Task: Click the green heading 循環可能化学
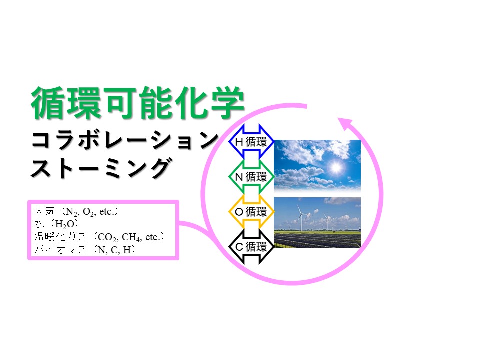pyautogui.click(x=137, y=103)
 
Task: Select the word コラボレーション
pyautogui.click(x=125, y=140)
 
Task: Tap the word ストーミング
pyautogui.click(x=101, y=168)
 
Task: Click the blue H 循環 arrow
pyautogui.click(x=251, y=141)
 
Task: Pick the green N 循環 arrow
pyautogui.click(x=251, y=177)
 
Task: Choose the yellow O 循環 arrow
pyautogui.click(x=251, y=212)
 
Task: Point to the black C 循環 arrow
pyautogui.click(x=251, y=246)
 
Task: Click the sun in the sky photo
pyautogui.click(x=336, y=167)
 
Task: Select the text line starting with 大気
pyautogui.click(x=76, y=211)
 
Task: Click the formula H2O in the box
pyautogui.click(x=65, y=224)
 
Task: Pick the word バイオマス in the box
pyautogui.click(x=60, y=250)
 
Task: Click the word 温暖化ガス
pyautogui.click(x=60, y=237)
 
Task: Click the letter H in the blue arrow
pyautogui.click(x=239, y=142)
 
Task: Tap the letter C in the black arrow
pyautogui.click(x=239, y=247)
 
